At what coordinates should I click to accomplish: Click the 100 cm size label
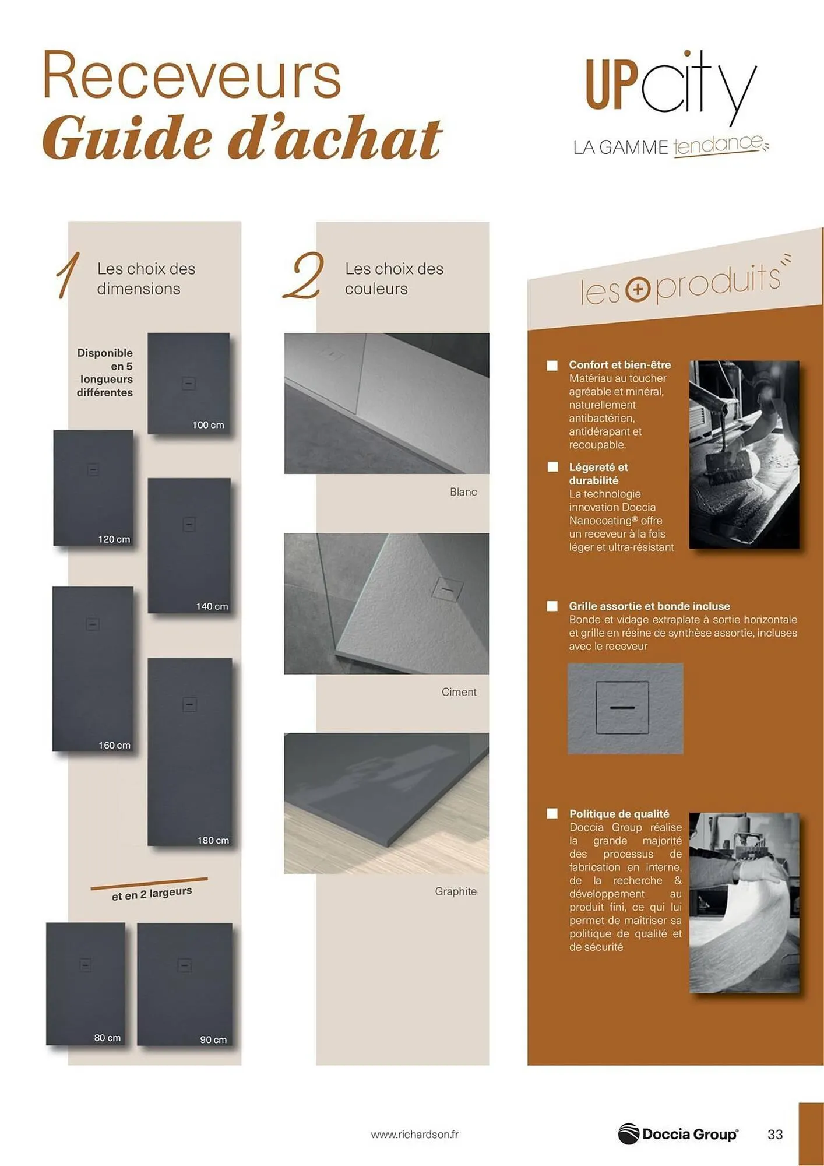click(x=208, y=425)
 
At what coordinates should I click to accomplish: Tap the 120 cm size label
click(x=114, y=539)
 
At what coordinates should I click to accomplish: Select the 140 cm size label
click(x=212, y=606)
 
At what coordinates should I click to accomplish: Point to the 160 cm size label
click(x=114, y=745)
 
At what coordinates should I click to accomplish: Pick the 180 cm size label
click(x=213, y=840)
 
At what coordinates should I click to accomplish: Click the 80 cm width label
click(x=108, y=1038)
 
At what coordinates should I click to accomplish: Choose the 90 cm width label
click(x=213, y=1039)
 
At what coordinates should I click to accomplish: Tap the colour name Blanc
click(x=463, y=492)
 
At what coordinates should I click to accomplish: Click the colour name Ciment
click(x=459, y=692)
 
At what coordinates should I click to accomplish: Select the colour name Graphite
click(x=456, y=891)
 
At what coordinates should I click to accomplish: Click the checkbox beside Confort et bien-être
click(x=552, y=366)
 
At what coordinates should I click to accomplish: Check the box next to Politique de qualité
click(x=552, y=813)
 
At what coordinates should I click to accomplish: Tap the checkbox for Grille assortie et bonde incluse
click(x=552, y=606)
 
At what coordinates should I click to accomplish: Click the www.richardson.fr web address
click(x=414, y=1135)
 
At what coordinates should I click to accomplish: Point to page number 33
click(x=775, y=1135)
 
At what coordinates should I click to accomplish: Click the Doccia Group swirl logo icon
click(x=628, y=1134)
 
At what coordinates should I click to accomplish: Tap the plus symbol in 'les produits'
click(x=638, y=290)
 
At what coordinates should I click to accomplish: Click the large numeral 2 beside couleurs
click(x=304, y=276)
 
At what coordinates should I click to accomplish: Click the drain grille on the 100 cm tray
click(x=188, y=384)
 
